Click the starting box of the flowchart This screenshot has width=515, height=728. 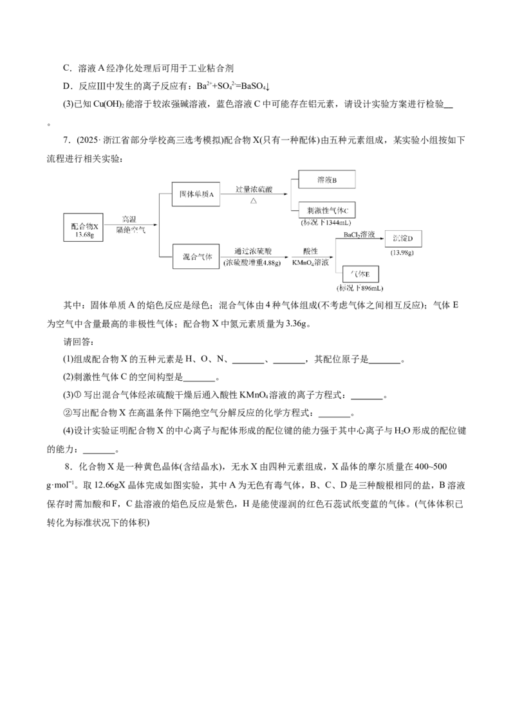(84, 229)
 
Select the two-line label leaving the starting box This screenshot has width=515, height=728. (130, 226)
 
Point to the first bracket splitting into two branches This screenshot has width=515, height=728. (156, 225)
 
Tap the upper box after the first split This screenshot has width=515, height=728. (196, 195)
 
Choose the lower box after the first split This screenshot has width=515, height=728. (196, 257)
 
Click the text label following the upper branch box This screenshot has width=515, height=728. (252, 195)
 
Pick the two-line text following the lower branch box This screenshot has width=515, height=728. (252, 257)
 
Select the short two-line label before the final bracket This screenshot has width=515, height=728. (310, 257)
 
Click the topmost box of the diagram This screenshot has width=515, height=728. (326, 180)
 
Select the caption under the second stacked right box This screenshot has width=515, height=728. (326, 223)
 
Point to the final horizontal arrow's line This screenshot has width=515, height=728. (360, 241)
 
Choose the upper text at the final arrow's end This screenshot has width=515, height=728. (403, 239)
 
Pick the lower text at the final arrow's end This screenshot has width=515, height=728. (403, 253)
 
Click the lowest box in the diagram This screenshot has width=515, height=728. (360, 273)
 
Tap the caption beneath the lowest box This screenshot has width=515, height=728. (360, 288)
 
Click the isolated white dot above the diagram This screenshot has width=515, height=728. (100, 141)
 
